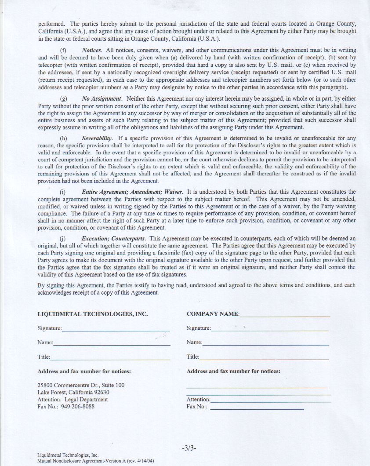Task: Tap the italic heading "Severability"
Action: point(97,139)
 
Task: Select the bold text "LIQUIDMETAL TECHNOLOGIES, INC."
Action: point(93,314)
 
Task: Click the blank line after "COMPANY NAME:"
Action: point(285,315)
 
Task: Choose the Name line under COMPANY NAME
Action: point(265,344)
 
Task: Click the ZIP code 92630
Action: point(101,392)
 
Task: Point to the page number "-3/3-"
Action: point(189,448)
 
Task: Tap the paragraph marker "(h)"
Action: point(63,139)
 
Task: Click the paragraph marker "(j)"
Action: point(63,238)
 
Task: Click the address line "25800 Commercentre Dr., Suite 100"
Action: point(81,385)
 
